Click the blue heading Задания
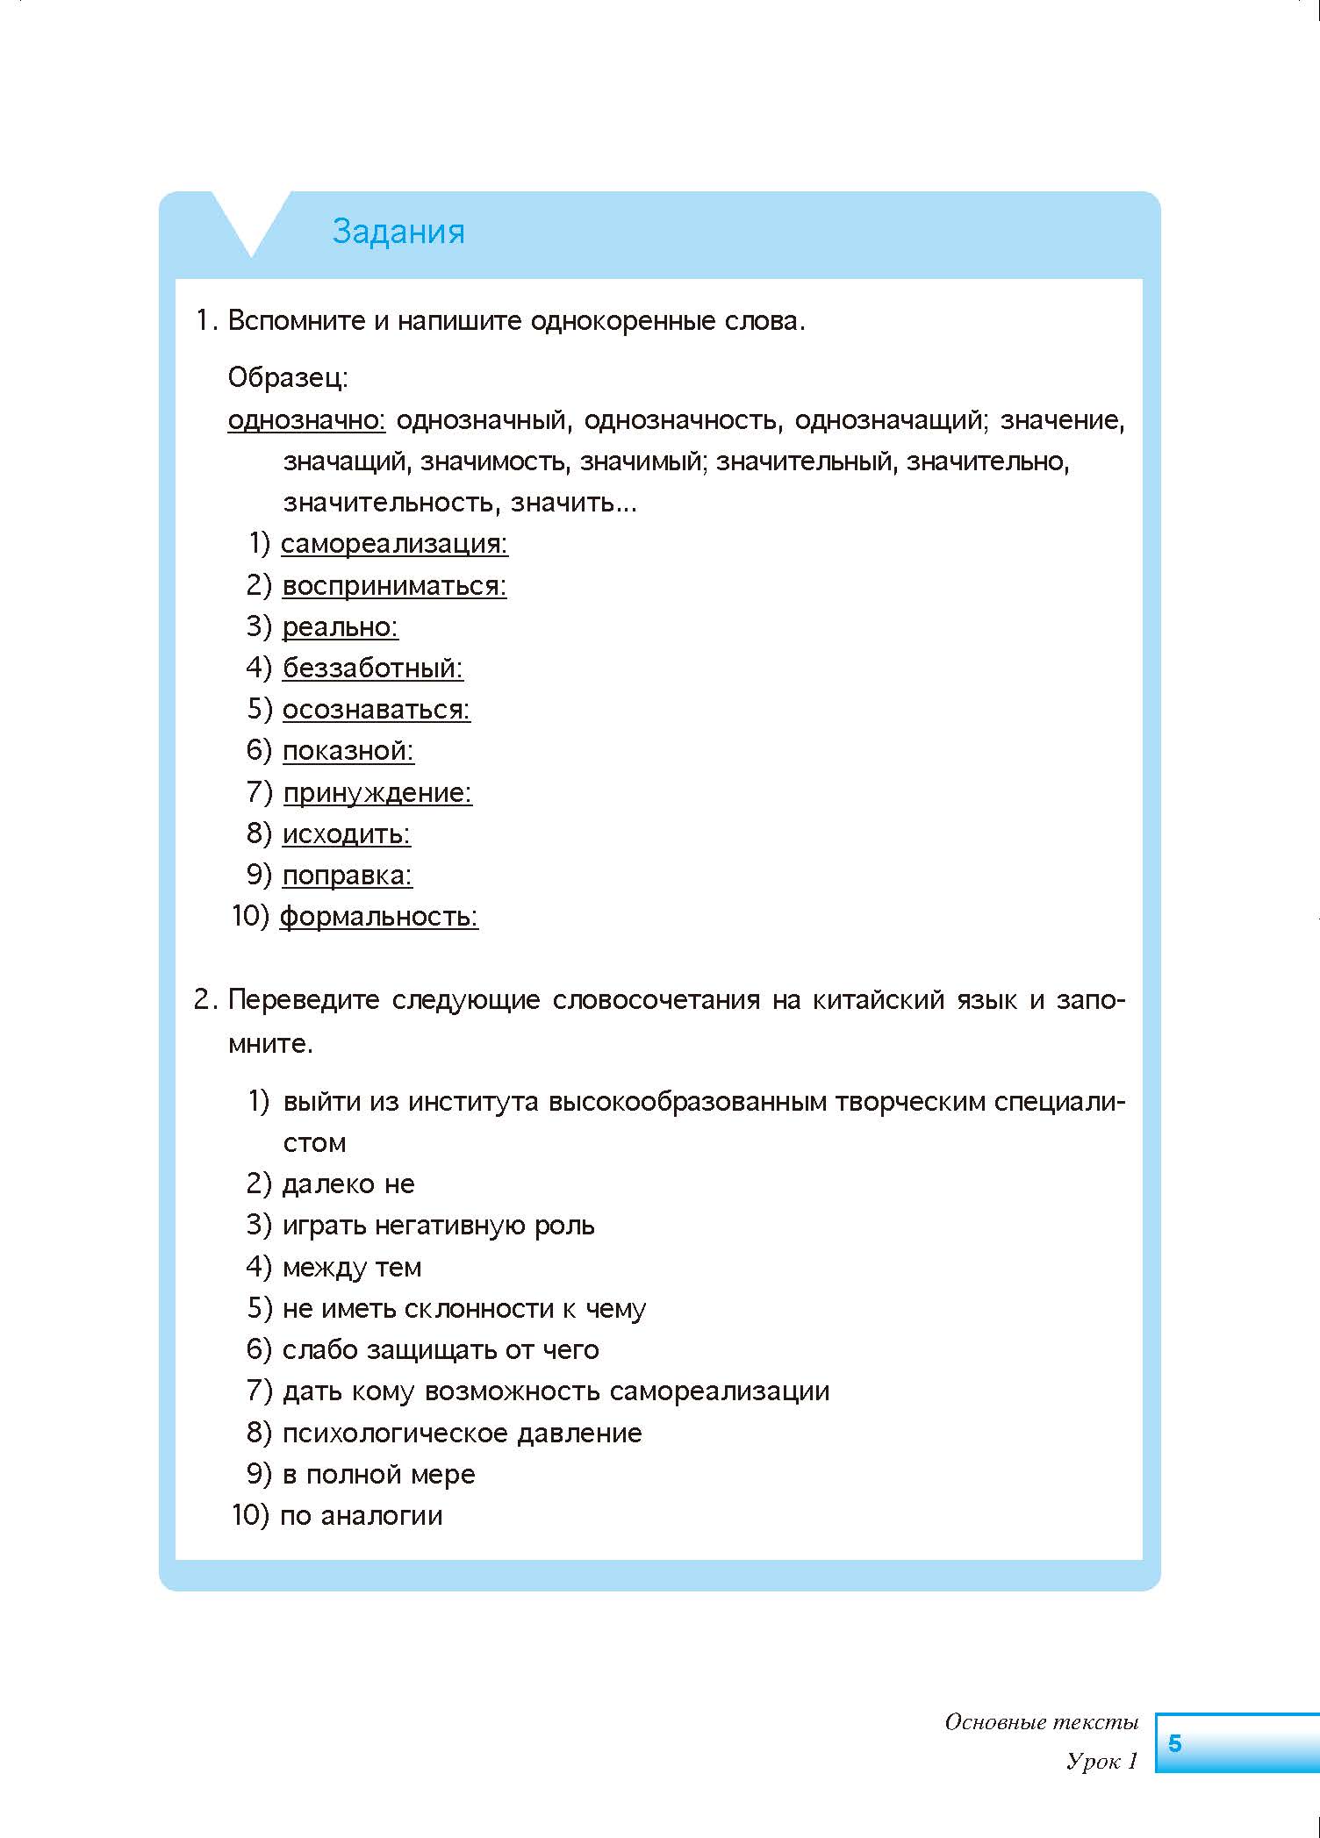398,232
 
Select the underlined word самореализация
394,544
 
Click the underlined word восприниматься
394,585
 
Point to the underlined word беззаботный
372,669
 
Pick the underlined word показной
348,751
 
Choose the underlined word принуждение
377,793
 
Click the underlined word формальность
378,917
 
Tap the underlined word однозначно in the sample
306,420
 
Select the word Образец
288,377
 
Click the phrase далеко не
348,1184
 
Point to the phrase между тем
351,1268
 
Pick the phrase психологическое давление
462,1434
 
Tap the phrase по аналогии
361,1516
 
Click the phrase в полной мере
378,1475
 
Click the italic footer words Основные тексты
1041,1722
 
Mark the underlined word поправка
347,876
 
